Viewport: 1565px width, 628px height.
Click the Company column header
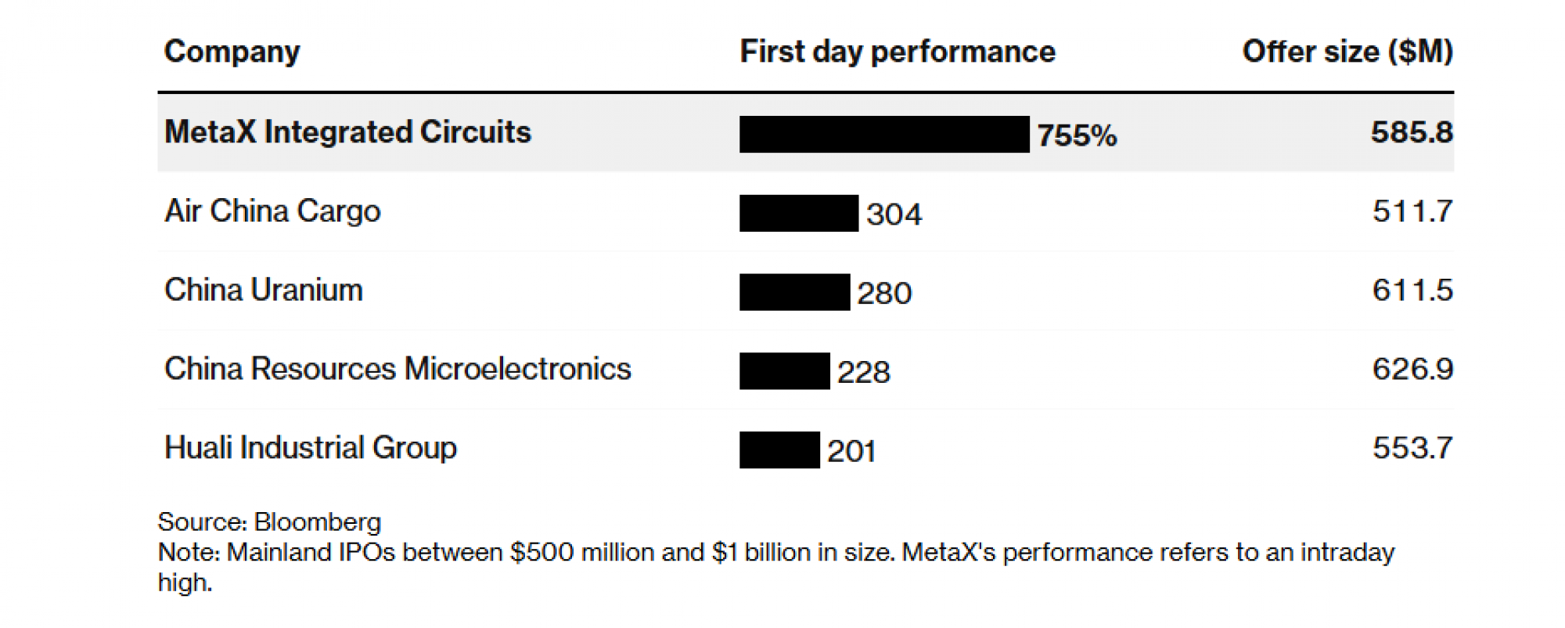click(232, 52)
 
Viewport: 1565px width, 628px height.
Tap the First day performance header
click(897, 52)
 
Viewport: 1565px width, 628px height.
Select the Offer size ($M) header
click(1347, 52)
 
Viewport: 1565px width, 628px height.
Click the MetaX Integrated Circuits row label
click(347, 132)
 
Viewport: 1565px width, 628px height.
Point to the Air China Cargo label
click(272, 211)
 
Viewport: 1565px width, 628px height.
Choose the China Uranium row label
click(264, 291)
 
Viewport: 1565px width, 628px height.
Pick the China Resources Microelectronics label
click(398, 370)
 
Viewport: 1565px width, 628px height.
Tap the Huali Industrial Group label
click(311, 449)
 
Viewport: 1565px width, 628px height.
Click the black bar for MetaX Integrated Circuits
click(883, 135)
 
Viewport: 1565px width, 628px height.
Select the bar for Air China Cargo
click(798, 214)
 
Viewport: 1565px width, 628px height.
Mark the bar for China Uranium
click(794, 292)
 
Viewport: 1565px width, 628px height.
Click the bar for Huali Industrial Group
click(779, 450)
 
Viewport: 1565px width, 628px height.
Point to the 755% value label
click(1077, 136)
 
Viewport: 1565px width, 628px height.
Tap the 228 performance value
click(863, 373)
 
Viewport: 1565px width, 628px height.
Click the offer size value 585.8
click(1411, 132)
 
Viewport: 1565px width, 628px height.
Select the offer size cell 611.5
click(1412, 291)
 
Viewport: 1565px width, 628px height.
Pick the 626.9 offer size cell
click(1412, 370)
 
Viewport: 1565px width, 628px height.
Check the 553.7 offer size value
click(1412, 449)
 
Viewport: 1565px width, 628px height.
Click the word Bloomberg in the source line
click(318, 522)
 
